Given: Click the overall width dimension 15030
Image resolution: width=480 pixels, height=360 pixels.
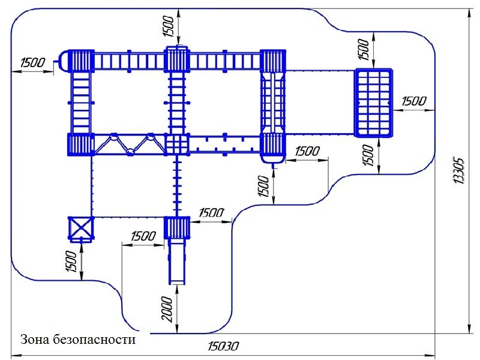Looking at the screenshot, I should pos(223,346).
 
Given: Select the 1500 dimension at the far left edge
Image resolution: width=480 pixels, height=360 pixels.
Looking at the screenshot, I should pos(32,62).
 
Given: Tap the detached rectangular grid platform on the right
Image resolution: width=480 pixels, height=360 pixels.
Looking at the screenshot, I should pos(373,103).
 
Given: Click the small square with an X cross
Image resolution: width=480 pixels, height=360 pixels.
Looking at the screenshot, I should pos(81,229).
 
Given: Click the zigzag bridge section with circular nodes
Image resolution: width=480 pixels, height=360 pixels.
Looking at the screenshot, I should pos(129,145).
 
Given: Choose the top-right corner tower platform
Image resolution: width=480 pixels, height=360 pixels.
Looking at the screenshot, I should pos(273,61).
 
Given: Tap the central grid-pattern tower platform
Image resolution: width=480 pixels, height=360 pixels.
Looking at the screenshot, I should pos(177,145).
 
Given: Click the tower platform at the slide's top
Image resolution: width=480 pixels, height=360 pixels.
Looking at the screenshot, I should pos(177,228).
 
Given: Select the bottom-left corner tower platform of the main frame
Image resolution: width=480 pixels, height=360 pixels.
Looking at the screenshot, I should pos(80,145).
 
